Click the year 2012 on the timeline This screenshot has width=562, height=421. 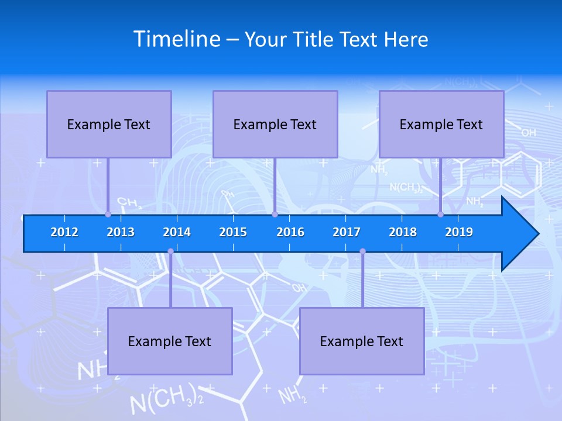(64, 232)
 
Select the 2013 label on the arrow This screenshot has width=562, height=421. (121, 232)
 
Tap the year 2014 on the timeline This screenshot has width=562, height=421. (177, 232)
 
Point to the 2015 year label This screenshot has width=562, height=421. (233, 232)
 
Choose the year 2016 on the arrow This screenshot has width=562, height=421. (290, 232)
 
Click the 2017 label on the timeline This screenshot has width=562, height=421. (347, 232)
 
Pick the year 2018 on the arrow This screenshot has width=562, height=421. (403, 232)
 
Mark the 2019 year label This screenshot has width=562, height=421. (459, 232)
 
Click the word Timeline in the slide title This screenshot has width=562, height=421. (177, 39)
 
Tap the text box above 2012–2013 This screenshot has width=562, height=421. (109, 124)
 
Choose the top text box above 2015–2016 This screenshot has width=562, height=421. (275, 124)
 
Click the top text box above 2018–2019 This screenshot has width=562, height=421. (441, 124)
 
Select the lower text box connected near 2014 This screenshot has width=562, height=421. (170, 341)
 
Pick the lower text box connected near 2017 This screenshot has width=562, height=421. (362, 341)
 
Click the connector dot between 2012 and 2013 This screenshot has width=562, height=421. (108, 214)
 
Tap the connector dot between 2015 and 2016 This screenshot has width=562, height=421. (275, 214)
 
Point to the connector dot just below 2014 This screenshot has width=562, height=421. (170, 251)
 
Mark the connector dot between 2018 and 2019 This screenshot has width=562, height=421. (441, 214)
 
